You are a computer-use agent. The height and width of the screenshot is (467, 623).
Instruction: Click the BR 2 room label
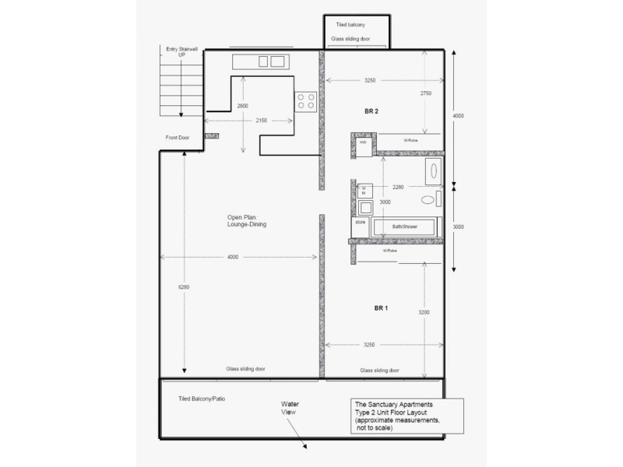click(371, 112)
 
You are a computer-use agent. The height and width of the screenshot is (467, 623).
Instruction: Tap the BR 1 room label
click(381, 308)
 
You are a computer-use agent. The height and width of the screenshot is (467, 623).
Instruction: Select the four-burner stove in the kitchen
click(304, 100)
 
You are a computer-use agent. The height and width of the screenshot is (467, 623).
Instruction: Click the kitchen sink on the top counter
click(269, 61)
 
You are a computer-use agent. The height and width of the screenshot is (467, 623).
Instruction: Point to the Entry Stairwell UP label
click(182, 52)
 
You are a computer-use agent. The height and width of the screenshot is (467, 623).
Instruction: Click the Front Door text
click(177, 138)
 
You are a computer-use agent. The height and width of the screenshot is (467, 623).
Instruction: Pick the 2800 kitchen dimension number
click(242, 106)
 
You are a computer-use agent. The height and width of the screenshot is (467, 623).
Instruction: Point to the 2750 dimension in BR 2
click(425, 93)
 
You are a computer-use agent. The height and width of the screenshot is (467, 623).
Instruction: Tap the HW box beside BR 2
click(362, 142)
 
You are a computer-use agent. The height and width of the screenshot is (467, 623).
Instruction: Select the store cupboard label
click(360, 223)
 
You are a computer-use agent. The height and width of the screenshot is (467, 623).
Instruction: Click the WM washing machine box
click(363, 190)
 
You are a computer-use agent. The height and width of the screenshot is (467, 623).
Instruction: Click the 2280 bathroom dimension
click(398, 186)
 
